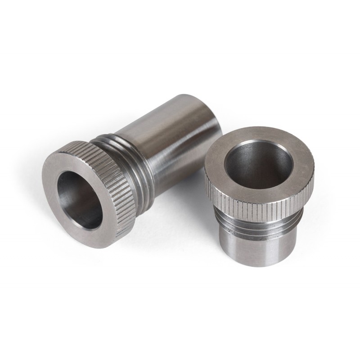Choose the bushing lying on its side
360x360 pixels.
(x=135, y=166)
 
